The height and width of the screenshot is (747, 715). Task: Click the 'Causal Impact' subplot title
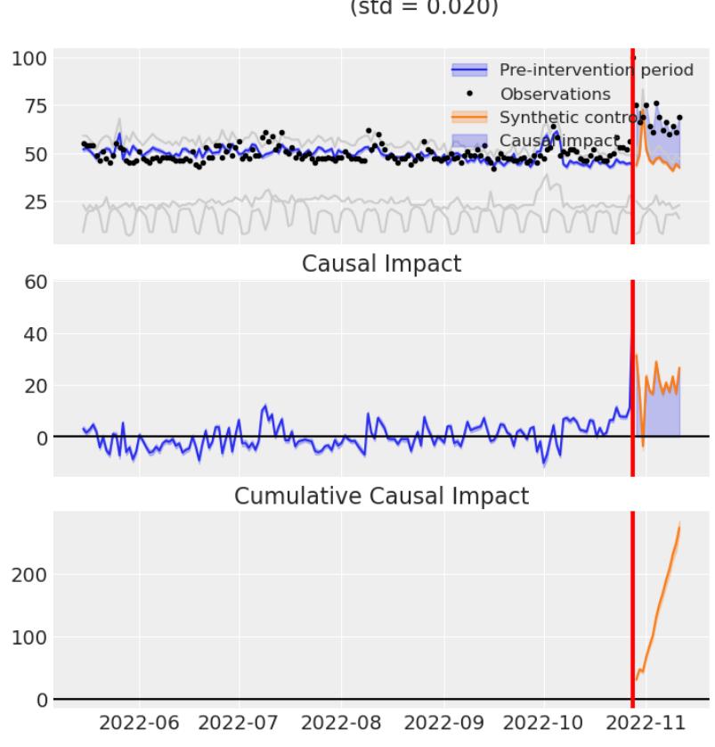click(381, 265)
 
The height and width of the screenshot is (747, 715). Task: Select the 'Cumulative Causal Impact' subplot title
click(381, 497)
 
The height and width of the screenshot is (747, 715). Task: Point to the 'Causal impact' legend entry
click(558, 140)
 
